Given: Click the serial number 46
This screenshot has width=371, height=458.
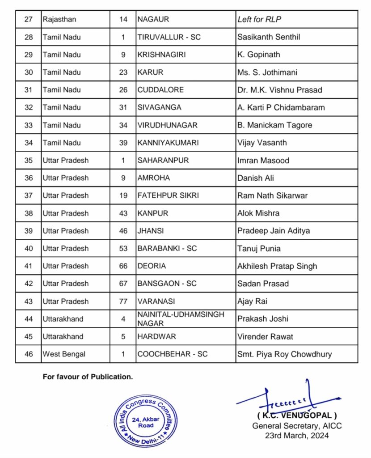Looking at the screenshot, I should point(29,354).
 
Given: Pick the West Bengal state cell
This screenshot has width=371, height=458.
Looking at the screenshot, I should point(64,354).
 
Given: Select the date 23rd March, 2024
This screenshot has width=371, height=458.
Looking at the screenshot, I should point(297,435).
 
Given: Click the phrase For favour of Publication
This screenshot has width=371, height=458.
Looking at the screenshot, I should point(88,377).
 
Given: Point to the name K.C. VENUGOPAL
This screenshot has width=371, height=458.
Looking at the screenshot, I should point(297,415).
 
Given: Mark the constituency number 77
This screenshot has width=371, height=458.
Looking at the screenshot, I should point(123,301).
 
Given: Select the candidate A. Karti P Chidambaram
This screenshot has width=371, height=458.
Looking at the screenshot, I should point(281,107).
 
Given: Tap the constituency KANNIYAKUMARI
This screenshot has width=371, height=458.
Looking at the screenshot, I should point(168,143).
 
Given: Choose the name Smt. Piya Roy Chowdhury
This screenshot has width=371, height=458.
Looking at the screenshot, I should point(284,354).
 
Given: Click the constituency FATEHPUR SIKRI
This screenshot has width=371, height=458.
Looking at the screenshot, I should point(168,195).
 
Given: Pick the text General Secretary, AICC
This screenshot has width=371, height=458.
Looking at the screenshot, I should point(297,426).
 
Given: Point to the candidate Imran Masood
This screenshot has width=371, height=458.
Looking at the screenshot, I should point(263,160).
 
